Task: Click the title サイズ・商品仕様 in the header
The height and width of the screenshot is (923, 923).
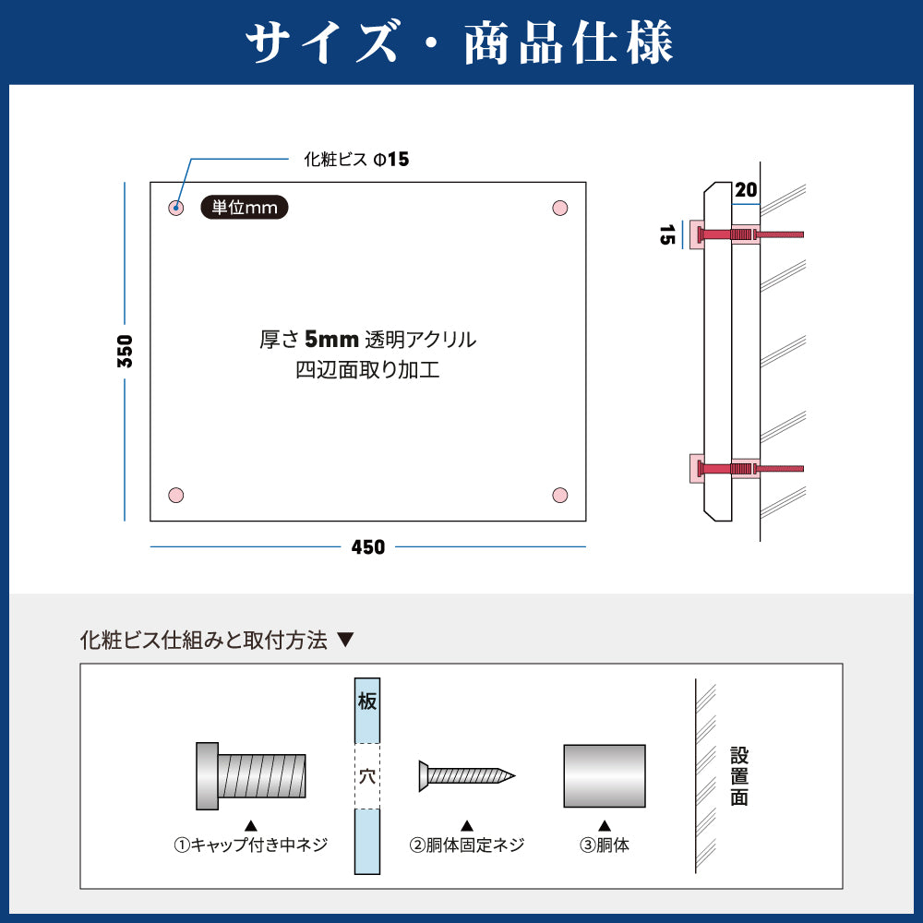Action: click(460, 42)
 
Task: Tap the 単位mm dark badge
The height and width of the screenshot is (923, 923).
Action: click(245, 207)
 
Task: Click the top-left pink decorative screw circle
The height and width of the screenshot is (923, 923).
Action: click(176, 208)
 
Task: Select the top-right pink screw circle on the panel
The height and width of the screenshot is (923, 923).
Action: click(560, 208)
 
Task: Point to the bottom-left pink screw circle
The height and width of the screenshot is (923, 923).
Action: click(176, 495)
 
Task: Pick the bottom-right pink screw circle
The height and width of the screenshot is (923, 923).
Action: click(560, 495)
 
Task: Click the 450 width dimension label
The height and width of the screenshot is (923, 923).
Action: click(368, 547)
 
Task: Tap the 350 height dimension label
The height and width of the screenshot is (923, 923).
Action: click(125, 352)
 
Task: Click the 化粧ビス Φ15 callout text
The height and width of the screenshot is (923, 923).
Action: click(356, 159)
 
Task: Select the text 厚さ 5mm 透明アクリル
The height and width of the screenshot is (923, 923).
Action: click(368, 340)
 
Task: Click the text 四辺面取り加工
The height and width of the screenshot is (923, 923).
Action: click(368, 370)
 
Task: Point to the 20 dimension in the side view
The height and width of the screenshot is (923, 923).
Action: click(746, 190)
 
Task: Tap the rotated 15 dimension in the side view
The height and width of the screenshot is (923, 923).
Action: click(667, 234)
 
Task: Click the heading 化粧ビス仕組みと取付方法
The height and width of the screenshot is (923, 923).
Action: click(203, 640)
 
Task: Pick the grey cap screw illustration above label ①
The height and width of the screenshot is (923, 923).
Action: click(251, 776)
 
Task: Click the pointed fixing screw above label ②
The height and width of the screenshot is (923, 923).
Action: click(467, 776)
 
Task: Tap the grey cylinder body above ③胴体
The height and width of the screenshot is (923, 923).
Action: click(605, 776)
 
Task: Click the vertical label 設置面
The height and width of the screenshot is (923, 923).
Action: click(739, 776)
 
